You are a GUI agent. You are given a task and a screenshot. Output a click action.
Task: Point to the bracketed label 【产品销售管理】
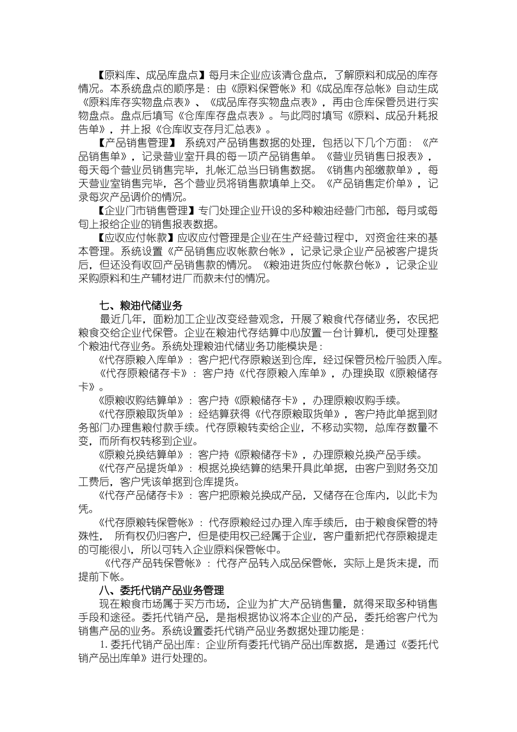134,143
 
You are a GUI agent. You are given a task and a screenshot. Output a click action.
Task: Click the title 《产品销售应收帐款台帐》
229,251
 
